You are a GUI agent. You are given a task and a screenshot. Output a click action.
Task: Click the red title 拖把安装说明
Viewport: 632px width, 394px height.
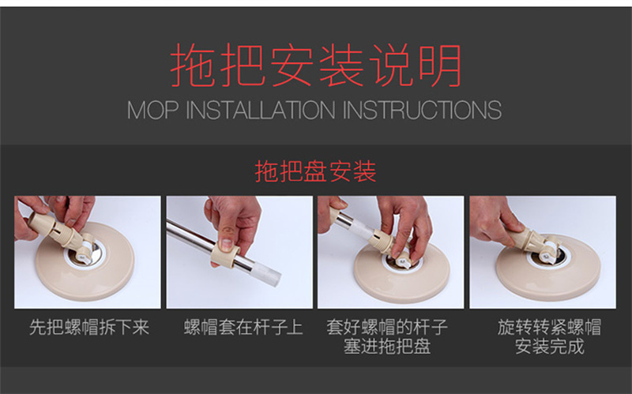pyautogui.click(x=316, y=65)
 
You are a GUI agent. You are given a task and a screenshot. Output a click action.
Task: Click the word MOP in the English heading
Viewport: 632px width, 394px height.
pyautogui.click(x=152, y=110)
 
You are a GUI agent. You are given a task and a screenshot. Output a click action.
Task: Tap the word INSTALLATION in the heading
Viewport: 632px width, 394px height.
pyautogui.click(x=261, y=110)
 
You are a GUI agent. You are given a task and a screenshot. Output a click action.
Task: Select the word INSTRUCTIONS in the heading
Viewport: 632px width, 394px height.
pyautogui.click(x=422, y=110)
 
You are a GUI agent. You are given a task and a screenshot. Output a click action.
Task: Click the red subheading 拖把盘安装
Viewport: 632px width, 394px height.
pyautogui.click(x=315, y=171)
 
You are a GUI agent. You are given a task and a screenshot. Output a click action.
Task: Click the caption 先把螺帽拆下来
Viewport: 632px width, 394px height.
pyautogui.click(x=89, y=327)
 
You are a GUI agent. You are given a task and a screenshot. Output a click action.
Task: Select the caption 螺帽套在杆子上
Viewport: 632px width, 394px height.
pyautogui.click(x=243, y=327)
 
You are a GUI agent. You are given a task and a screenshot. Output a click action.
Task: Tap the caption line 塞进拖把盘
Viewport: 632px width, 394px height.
pyautogui.click(x=387, y=347)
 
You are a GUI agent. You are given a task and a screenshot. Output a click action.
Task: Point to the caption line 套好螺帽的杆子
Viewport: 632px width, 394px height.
pyautogui.click(x=387, y=327)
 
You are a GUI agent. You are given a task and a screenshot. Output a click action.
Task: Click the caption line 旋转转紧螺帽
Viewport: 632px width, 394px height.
pyautogui.click(x=549, y=327)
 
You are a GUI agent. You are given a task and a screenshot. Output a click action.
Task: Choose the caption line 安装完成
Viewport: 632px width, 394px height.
pyautogui.click(x=549, y=347)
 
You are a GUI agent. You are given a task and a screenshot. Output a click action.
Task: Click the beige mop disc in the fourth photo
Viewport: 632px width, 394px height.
pyautogui.click(x=548, y=268)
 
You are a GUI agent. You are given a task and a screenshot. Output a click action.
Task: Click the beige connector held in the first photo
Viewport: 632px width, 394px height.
pyautogui.click(x=61, y=233)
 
